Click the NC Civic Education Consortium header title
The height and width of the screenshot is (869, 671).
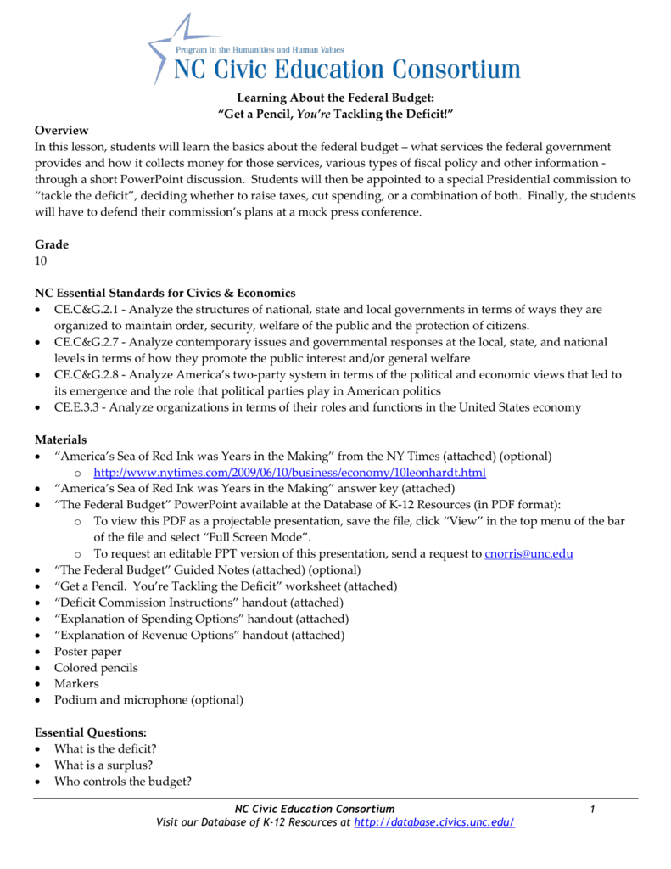347,68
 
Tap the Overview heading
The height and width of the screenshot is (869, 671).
61,130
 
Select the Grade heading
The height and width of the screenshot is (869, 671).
51,244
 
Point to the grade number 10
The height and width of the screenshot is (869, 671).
42,261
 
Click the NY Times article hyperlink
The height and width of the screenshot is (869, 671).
289,473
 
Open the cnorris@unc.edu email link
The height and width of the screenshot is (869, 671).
528,553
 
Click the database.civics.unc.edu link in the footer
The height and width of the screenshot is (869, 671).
433,822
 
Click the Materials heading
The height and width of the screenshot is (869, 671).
60,440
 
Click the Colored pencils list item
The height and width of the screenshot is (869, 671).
96,668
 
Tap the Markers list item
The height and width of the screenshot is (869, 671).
76,683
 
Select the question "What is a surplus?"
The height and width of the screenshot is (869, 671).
103,765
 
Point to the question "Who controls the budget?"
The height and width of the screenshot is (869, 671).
122,781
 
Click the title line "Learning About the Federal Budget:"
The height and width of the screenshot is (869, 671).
335,98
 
